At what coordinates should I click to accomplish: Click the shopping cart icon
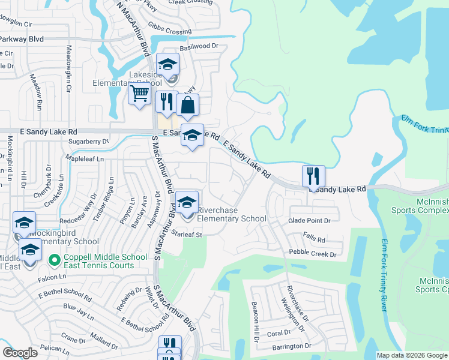tap(139, 94)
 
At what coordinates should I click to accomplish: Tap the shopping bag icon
tap(187, 106)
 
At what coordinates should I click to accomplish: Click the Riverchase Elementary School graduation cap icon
tap(187, 202)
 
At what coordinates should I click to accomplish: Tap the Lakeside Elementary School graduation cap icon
tap(167, 64)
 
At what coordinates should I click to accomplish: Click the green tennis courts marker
tap(54, 260)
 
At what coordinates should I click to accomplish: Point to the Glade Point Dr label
tap(309, 221)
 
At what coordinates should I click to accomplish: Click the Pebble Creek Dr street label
tap(313, 254)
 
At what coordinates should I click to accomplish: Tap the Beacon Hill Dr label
tap(255, 321)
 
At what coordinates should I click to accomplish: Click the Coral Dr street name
tap(279, 334)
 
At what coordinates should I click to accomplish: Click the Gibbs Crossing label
tap(170, 31)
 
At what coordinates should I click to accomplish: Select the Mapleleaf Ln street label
tap(85, 159)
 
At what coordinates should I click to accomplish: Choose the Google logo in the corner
tap(20, 353)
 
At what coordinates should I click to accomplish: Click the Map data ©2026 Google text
tap(411, 355)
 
